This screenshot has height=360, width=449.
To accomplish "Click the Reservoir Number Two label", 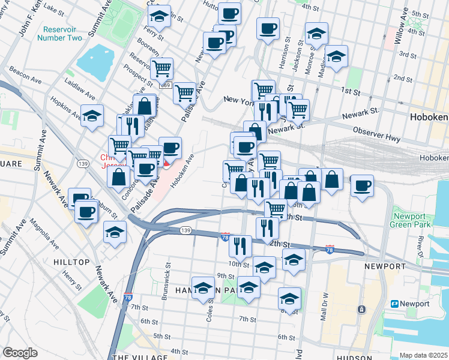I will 59,34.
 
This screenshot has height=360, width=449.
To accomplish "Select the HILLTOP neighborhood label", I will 71,262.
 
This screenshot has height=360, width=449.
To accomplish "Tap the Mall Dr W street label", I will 325,306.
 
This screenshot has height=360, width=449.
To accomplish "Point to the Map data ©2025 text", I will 423,355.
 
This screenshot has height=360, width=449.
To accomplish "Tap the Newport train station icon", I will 395,304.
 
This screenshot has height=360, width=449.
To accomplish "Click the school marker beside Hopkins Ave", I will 92,116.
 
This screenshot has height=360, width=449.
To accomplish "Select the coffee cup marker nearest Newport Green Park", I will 361,185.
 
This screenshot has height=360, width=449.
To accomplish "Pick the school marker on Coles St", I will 203,287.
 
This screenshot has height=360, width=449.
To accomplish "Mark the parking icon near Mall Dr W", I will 361,310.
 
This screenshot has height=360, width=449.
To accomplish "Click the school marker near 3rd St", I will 337,58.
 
